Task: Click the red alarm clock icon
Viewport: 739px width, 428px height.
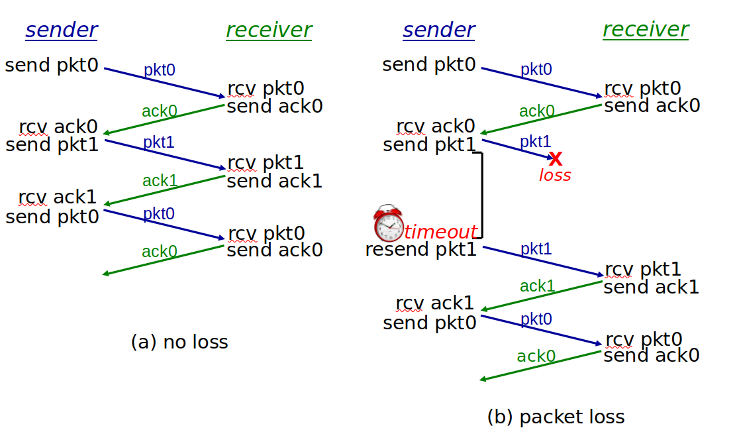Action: (x=388, y=223)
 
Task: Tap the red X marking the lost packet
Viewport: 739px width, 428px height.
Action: (x=556, y=158)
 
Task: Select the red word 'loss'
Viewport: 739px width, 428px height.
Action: (x=555, y=176)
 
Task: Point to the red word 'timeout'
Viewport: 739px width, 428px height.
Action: (x=440, y=232)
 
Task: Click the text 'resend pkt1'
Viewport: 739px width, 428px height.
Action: (x=421, y=249)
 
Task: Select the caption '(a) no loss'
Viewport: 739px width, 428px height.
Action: (x=179, y=342)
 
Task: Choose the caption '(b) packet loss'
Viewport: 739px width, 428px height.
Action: (x=556, y=417)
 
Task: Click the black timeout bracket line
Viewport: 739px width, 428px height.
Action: (x=481, y=195)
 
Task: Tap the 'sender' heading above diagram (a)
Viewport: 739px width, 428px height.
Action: (x=62, y=30)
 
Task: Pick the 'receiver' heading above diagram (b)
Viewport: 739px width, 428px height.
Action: (x=646, y=30)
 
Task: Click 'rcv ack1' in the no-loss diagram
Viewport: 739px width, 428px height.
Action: (x=57, y=197)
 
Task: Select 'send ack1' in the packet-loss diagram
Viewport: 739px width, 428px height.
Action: (x=651, y=287)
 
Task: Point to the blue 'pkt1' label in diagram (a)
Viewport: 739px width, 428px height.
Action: (x=159, y=142)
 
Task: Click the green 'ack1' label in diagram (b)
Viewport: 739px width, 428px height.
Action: (x=537, y=286)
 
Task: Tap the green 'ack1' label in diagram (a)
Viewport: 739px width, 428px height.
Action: (x=160, y=180)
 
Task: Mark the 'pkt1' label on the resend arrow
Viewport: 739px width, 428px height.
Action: (x=536, y=248)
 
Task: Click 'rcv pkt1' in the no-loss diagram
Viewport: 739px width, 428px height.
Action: (x=266, y=162)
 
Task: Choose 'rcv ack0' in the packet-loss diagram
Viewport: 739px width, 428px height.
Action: (x=436, y=127)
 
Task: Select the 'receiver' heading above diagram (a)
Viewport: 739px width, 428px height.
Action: (x=269, y=30)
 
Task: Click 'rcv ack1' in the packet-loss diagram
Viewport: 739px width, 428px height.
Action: (x=434, y=303)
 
